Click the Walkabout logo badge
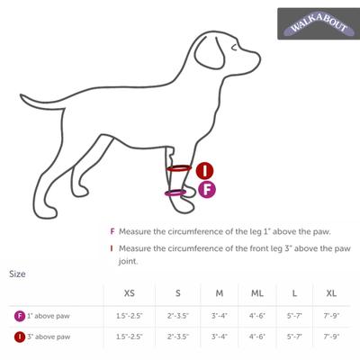pos(315,24)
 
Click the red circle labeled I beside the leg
pos(204,170)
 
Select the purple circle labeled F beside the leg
pos(204,189)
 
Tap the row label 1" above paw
pos(48,316)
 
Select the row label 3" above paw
pos(48,337)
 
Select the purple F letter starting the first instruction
pos(112,231)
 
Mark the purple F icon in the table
pos(19,316)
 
